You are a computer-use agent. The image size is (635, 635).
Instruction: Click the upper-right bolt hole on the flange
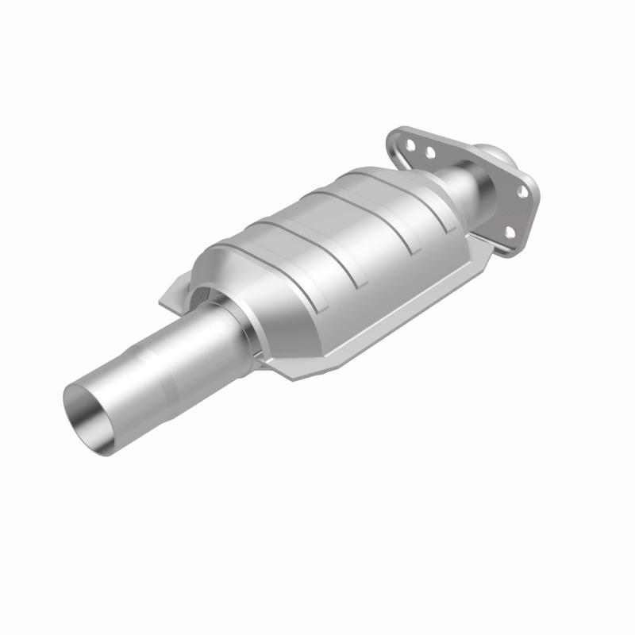[x=521, y=191]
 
